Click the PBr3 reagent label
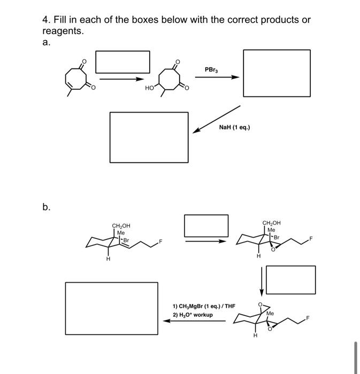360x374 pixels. (211, 69)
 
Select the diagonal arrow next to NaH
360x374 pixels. (217, 119)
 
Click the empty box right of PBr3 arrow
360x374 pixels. (277, 73)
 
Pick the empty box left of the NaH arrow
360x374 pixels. (149, 137)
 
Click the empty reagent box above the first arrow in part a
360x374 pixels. (122, 61)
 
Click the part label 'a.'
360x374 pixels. (47, 41)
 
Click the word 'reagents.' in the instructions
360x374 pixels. (63, 31)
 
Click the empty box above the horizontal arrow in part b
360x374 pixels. (206, 225)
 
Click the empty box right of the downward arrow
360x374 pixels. (290, 279)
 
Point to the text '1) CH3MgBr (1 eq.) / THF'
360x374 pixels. (204, 306)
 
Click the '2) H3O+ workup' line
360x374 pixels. (193, 315)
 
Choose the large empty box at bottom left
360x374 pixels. (111, 308)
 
